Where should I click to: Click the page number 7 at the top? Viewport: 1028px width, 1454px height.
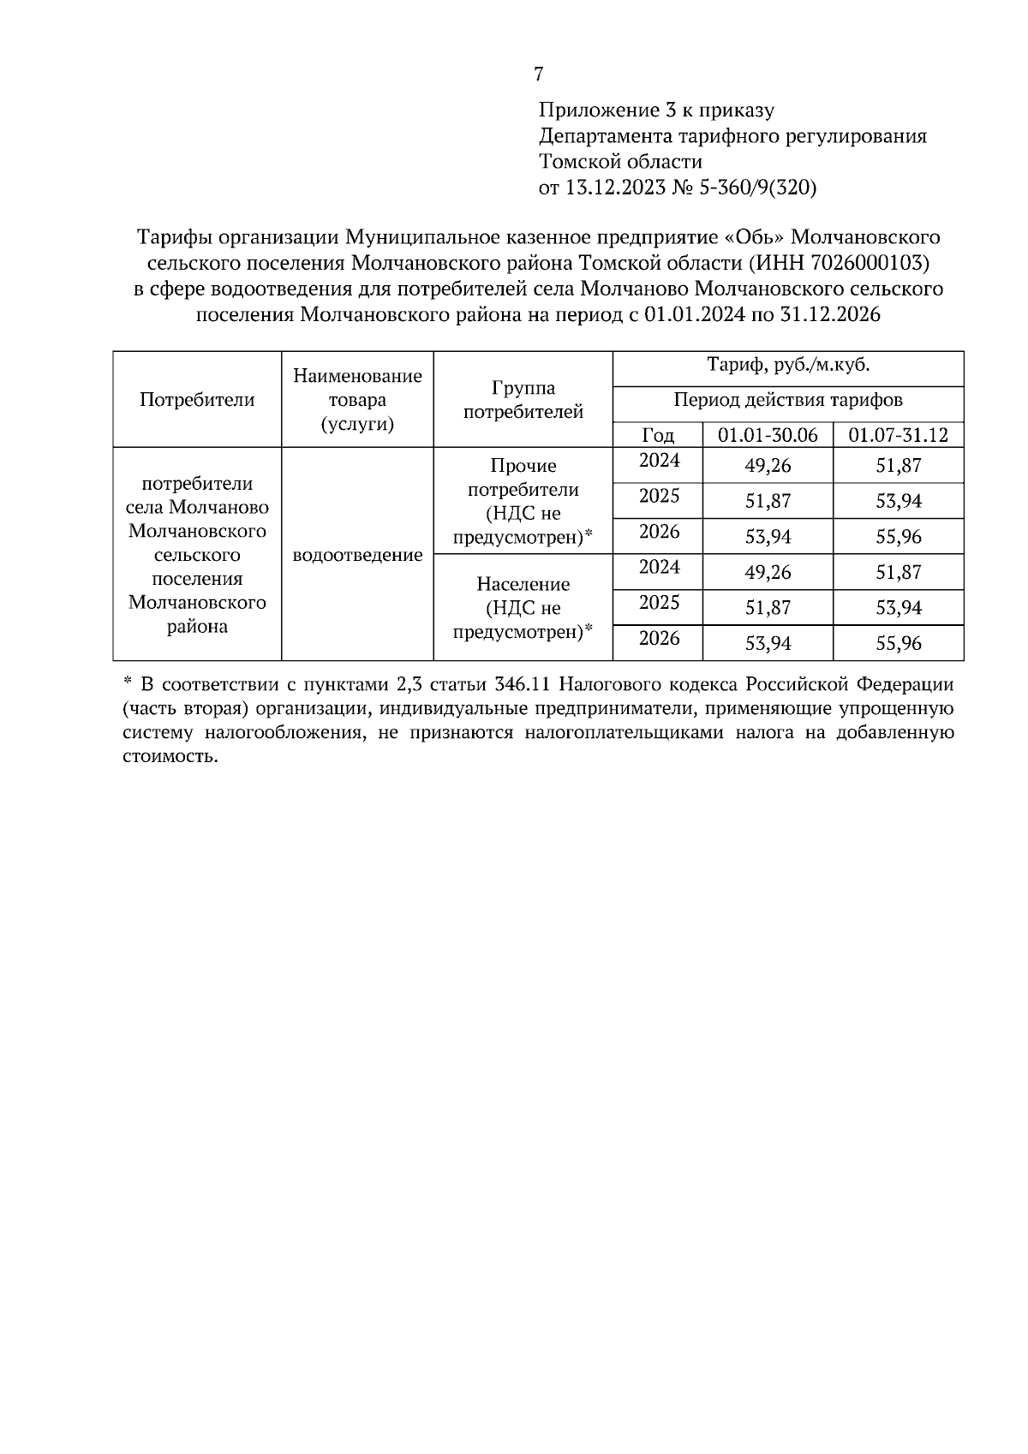(538, 74)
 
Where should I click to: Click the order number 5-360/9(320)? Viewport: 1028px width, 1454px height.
(758, 188)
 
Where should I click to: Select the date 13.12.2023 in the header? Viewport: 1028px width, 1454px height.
(615, 188)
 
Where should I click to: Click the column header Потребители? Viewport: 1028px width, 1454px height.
(197, 399)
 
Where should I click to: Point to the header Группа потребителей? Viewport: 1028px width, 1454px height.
(523, 400)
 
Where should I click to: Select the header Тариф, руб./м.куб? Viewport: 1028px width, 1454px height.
(787, 366)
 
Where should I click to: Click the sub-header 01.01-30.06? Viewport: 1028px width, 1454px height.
(768, 435)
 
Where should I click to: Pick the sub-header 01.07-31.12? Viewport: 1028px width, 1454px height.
(898, 435)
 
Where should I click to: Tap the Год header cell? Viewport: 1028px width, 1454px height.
(658, 435)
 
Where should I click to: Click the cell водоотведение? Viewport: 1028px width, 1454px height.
(357, 555)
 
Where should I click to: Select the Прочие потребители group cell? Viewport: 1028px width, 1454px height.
(523, 501)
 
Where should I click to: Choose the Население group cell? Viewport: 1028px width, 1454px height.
(523, 608)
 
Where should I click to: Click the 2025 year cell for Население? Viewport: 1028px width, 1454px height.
(659, 603)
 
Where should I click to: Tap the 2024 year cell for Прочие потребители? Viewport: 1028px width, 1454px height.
(659, 461)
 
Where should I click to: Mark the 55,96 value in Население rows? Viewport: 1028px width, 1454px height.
(898, 644)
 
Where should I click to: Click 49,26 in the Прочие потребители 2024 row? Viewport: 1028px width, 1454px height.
(768, 466)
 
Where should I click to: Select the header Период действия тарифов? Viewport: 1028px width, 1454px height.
(787, 400)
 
